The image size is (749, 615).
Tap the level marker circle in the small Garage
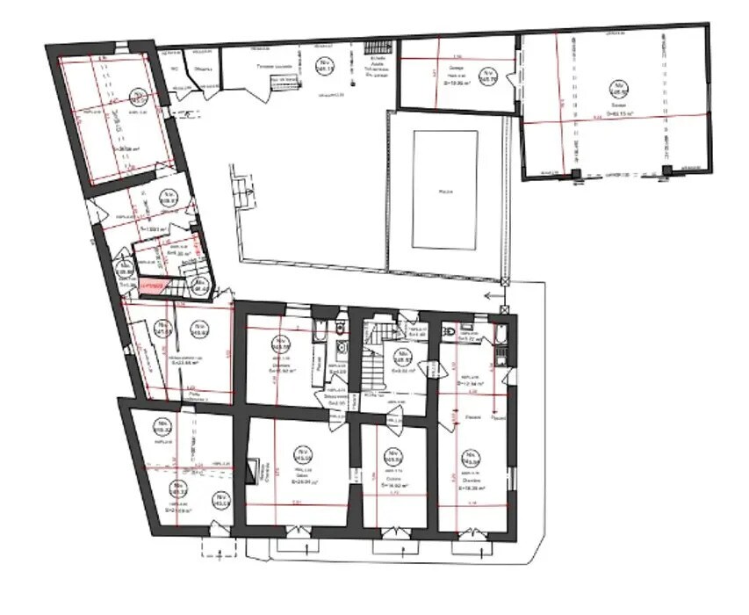(x=487, y=77)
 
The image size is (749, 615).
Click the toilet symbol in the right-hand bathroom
(x=450, y=334)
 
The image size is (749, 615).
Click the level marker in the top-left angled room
(x=137, y=97)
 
